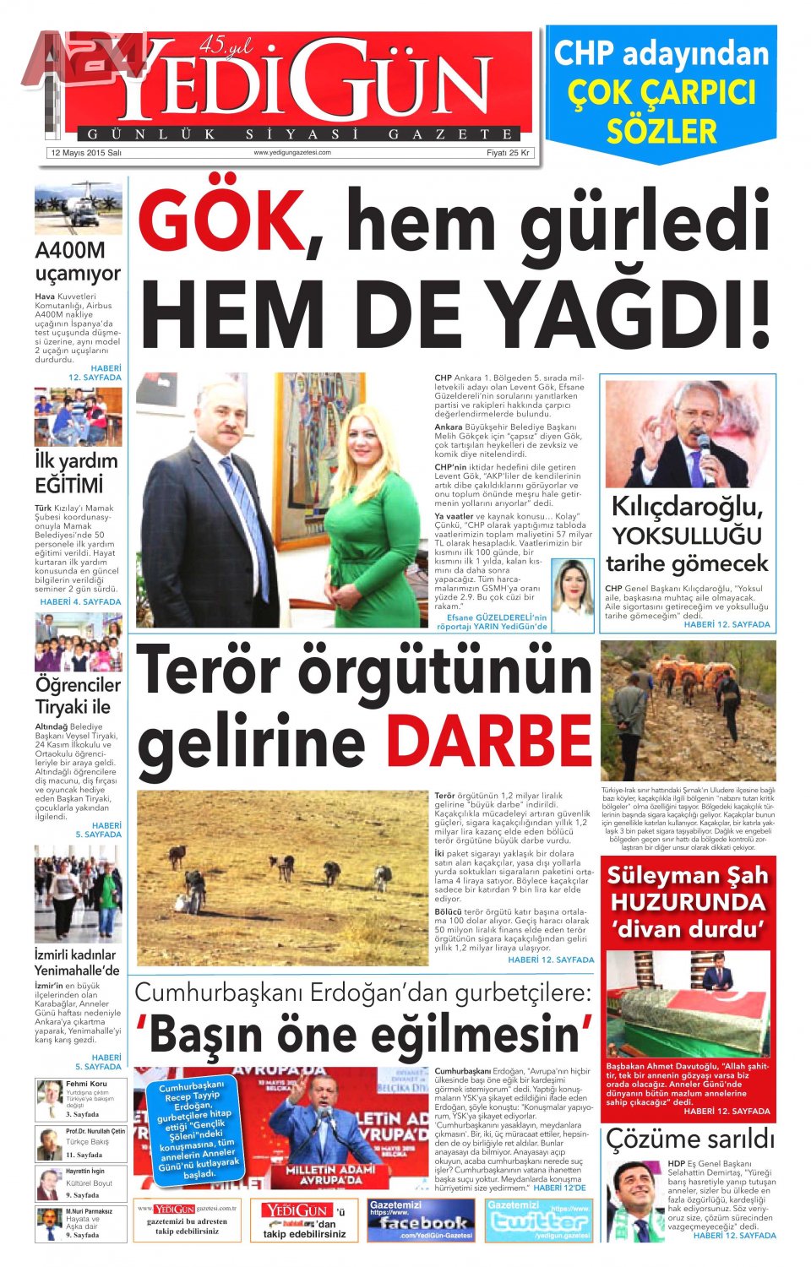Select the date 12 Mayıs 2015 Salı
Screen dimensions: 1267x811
86,153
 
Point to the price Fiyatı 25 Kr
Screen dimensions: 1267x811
508,153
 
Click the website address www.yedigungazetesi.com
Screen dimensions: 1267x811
292,153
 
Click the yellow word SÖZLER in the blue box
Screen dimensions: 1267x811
661,131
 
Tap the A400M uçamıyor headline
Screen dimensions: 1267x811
78,262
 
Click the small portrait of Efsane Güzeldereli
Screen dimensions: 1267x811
573,586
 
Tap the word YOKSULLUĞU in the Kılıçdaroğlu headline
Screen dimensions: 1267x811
687,536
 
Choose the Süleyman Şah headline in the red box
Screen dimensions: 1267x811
688,902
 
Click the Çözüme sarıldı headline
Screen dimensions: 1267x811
689,1139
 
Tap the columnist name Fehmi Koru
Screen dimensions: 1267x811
86,1084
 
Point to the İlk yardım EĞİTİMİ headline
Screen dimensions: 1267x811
76,473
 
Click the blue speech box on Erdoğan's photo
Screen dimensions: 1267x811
197,1128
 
